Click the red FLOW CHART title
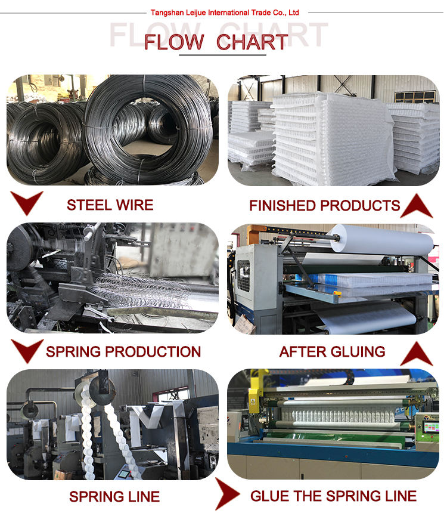pos(216,42)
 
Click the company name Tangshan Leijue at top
pos(225,12)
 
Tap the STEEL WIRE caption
pos(110,205)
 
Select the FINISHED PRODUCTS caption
pos(324,206)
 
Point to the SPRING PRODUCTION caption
pos(123,351)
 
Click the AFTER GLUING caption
pos(332,351)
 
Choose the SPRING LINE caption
pos(114,496)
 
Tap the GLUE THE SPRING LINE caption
pos(333,496)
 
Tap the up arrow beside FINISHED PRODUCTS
pos(416,206)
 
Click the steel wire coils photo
pos(113,129)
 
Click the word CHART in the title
pos(252,42)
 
